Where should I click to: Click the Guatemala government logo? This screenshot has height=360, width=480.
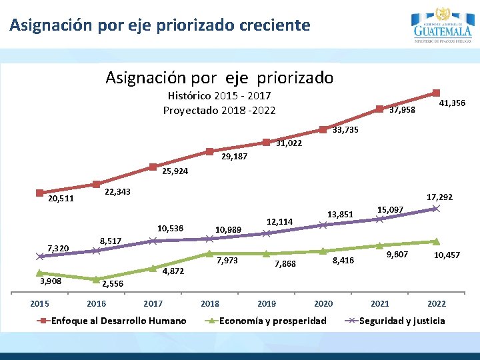click(x=442, y=25)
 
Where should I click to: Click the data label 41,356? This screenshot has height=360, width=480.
click(x=453, y=103)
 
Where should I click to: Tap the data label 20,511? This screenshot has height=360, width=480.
click(x=61, y=199)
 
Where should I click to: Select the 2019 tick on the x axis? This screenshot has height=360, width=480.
click(x=266, y=304)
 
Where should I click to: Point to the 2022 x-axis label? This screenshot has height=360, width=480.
click(x=436, y=304)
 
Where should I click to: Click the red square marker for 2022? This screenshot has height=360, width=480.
click(x=436, y=93)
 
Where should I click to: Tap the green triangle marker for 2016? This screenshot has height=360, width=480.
click(x=97, y=279)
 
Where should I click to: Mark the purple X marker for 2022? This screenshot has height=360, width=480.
click(x=436, y=209)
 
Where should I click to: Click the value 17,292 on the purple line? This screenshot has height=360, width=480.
click(x=439, y=197)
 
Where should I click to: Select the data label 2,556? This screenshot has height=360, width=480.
click(x=112, y=284)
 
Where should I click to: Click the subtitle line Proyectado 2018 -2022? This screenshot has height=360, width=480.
click(x=219, y=110)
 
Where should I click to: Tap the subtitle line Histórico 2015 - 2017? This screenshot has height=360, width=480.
click(x=219, y=96)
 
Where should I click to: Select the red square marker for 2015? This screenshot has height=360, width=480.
click(x=40, y=193)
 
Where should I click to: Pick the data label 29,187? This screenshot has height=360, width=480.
click(x=234, y=157)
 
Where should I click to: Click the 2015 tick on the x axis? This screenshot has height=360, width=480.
click(x=40, y=304)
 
